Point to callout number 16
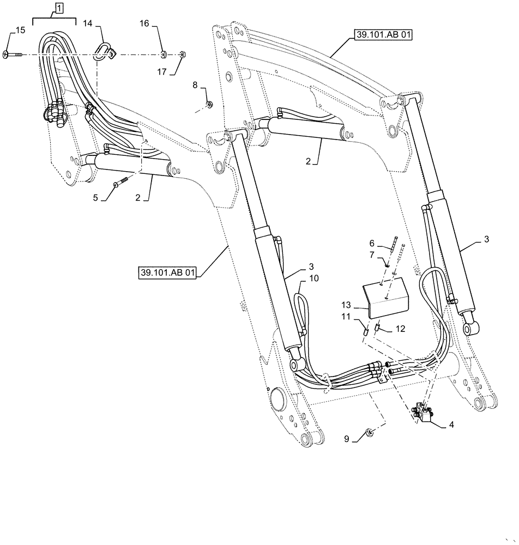pos(144,23)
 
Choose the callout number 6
pos(372,244)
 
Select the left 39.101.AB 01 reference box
pos(166,272)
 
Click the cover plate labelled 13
pos(385,298)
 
